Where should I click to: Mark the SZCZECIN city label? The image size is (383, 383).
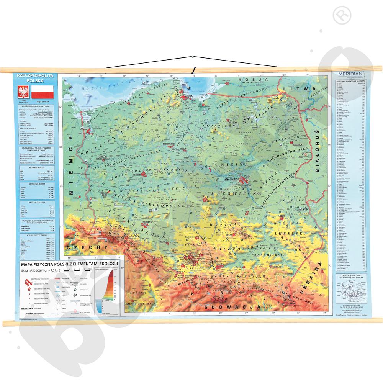82,129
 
